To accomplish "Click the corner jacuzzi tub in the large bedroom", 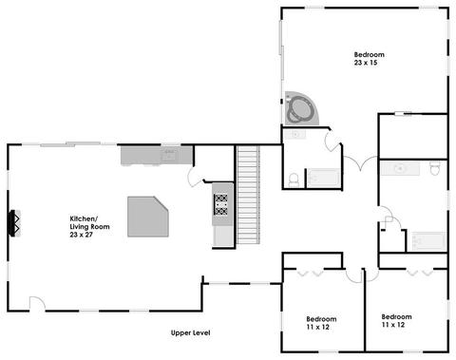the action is (301, 108).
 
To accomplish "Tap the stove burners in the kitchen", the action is (221, 204).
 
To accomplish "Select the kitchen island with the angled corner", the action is (148, 217).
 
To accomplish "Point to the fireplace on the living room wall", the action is (15, 223).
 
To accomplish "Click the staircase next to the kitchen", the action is (248, 195).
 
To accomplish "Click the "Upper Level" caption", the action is (190, 332).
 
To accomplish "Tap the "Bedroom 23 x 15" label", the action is (369, 59).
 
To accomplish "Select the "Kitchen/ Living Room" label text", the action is (89, 222).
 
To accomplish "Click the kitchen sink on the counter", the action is (169, 155).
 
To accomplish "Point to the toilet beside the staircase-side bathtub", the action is (294, 180).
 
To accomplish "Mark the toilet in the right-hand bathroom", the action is (435, 168).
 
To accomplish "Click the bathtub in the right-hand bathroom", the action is (428, 241).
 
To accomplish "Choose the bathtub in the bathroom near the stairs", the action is (324, 179).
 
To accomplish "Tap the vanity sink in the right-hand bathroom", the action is (400, 168).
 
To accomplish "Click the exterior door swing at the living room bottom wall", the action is (37, 303).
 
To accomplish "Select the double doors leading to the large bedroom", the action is (361, 162).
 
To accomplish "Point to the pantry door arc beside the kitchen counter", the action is (195, 177).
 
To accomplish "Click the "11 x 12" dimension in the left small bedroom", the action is (318, 327).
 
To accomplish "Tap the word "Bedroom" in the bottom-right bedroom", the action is (396, 316).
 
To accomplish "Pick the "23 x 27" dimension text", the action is (82, 235).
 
